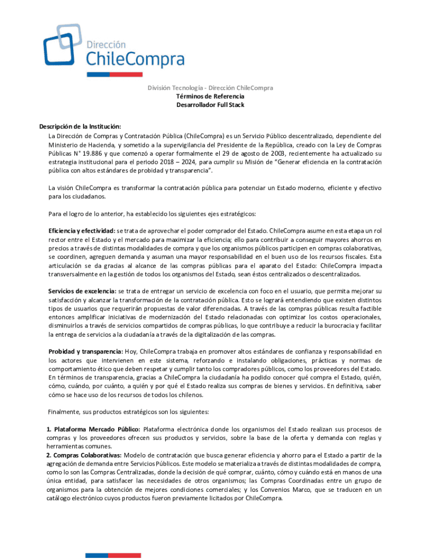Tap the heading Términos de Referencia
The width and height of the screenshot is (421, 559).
point(210,96)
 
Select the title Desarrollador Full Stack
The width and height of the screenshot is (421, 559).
point(210,104)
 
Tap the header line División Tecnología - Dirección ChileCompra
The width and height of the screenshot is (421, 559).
point(210,88)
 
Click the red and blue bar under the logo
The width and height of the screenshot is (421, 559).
point(114,74)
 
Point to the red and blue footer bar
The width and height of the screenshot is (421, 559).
point(114,556)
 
